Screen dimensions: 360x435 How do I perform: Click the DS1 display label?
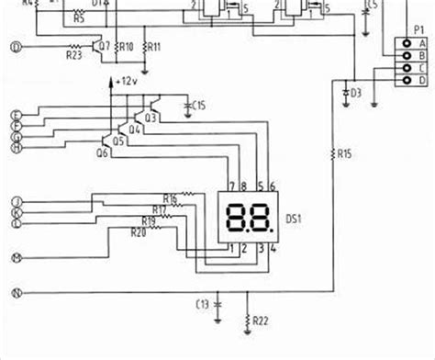[x=296, y=219]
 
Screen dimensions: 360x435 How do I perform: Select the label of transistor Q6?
[x=102, y=153]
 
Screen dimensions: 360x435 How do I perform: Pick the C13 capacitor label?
[x=205, y=303]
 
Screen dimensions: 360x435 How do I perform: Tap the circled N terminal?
[x=15, y=294]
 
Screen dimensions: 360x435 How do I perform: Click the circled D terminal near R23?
[x=15, y=47]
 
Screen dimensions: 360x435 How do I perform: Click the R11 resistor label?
[x=154, y=46]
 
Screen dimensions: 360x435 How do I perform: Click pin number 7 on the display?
[x=230, y=186]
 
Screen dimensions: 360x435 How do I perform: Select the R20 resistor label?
[x=138, y=231]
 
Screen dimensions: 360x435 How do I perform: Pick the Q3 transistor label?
[x=151, y=118]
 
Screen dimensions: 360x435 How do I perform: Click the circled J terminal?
[x=15, y=201]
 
